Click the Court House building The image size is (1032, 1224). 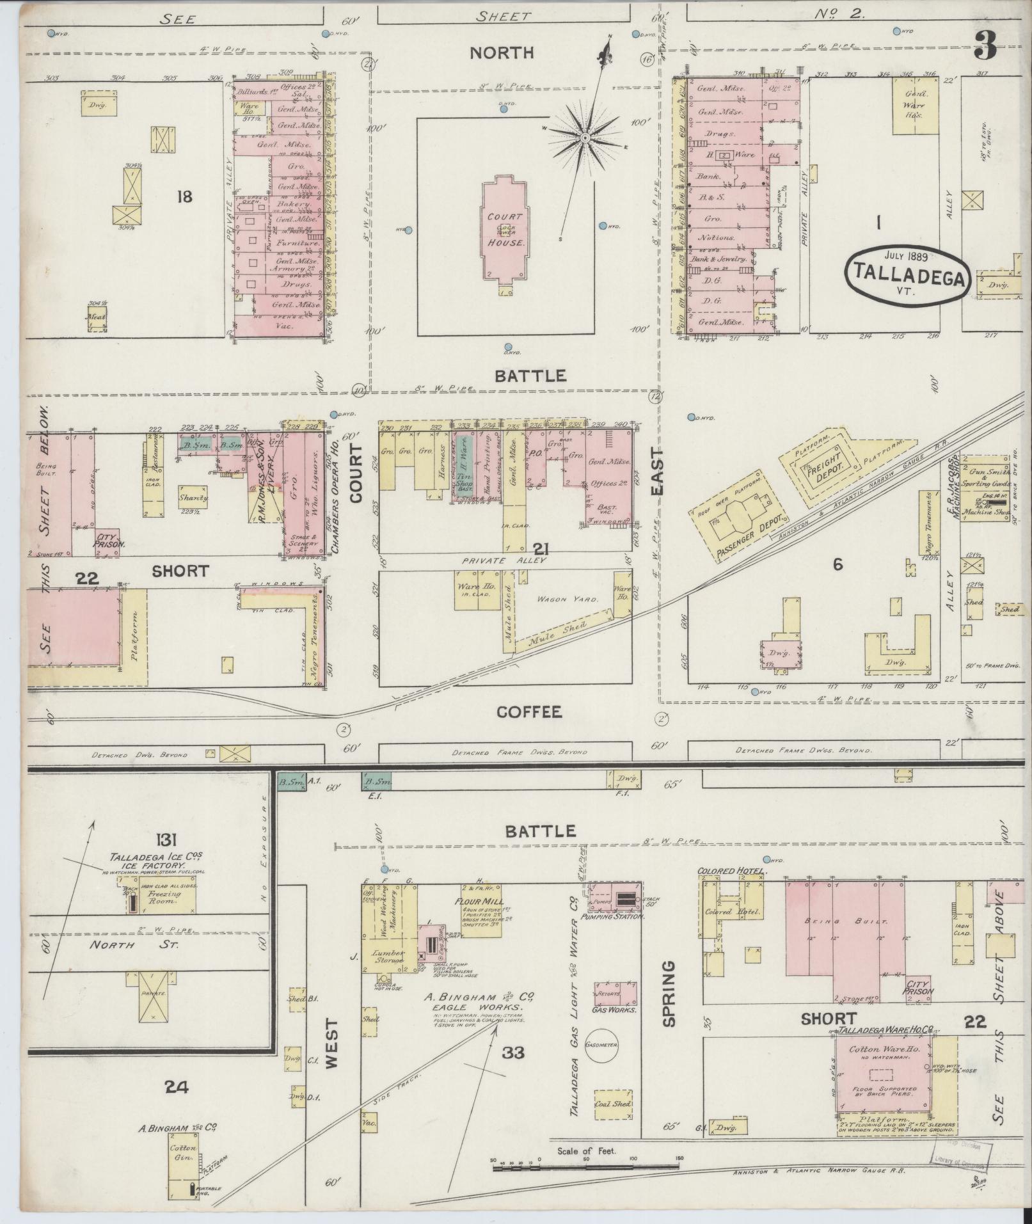(x=505, y=230)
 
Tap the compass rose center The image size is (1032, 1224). (x=585, y=138)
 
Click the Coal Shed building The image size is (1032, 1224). (x=612, y=1104)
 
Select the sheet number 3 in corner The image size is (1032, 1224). (x=987, y=45)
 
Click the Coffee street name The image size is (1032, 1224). (x=528, y=711)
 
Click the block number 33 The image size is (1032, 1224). (x=513, y=1052)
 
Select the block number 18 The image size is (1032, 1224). (x=184, y=196)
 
